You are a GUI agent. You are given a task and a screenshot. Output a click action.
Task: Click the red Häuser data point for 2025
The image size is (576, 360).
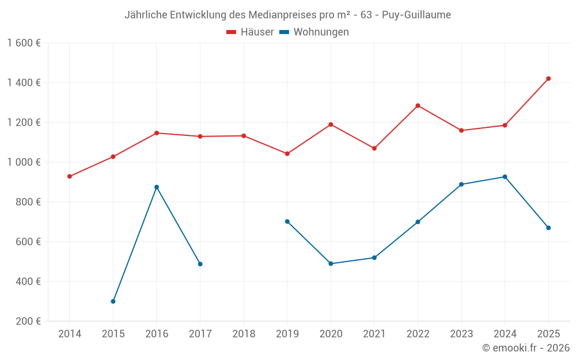[x=548, y=78]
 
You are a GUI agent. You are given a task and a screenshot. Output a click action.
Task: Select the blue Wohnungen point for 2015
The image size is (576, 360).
[x=113, y=301]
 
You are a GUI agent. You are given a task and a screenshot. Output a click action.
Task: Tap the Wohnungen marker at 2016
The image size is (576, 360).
[x=157, y=187]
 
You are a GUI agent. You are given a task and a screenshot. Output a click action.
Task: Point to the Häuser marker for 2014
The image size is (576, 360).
[x=70, y=176]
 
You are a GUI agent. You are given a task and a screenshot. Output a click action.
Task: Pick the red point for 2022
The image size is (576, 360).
[x=418, y=105]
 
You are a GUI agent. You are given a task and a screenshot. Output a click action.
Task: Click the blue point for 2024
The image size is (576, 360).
[x=505, y=177]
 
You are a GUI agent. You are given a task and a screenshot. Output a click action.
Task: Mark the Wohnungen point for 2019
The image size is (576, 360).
[x=287, y=221]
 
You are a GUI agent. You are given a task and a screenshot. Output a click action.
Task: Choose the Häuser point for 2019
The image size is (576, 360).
[x=287, y=154]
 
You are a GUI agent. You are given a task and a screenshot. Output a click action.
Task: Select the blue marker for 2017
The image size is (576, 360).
[x=200, y=264]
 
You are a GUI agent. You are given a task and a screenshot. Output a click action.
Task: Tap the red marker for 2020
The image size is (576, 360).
[x=331, y=124]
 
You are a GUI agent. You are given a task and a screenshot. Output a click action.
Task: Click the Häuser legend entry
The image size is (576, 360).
[x=250, y=32]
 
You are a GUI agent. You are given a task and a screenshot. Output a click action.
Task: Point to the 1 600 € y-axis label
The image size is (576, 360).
[x=24, y=43]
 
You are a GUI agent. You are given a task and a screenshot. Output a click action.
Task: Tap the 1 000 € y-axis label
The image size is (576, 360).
[x=24, y=162]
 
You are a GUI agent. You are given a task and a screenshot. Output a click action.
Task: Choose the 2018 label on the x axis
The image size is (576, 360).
[x=244, y=334]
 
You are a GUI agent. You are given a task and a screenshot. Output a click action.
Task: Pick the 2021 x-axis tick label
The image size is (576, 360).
[x=374, y=334]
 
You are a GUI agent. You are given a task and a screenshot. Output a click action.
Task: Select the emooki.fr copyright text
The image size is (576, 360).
[x=525, y=348]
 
